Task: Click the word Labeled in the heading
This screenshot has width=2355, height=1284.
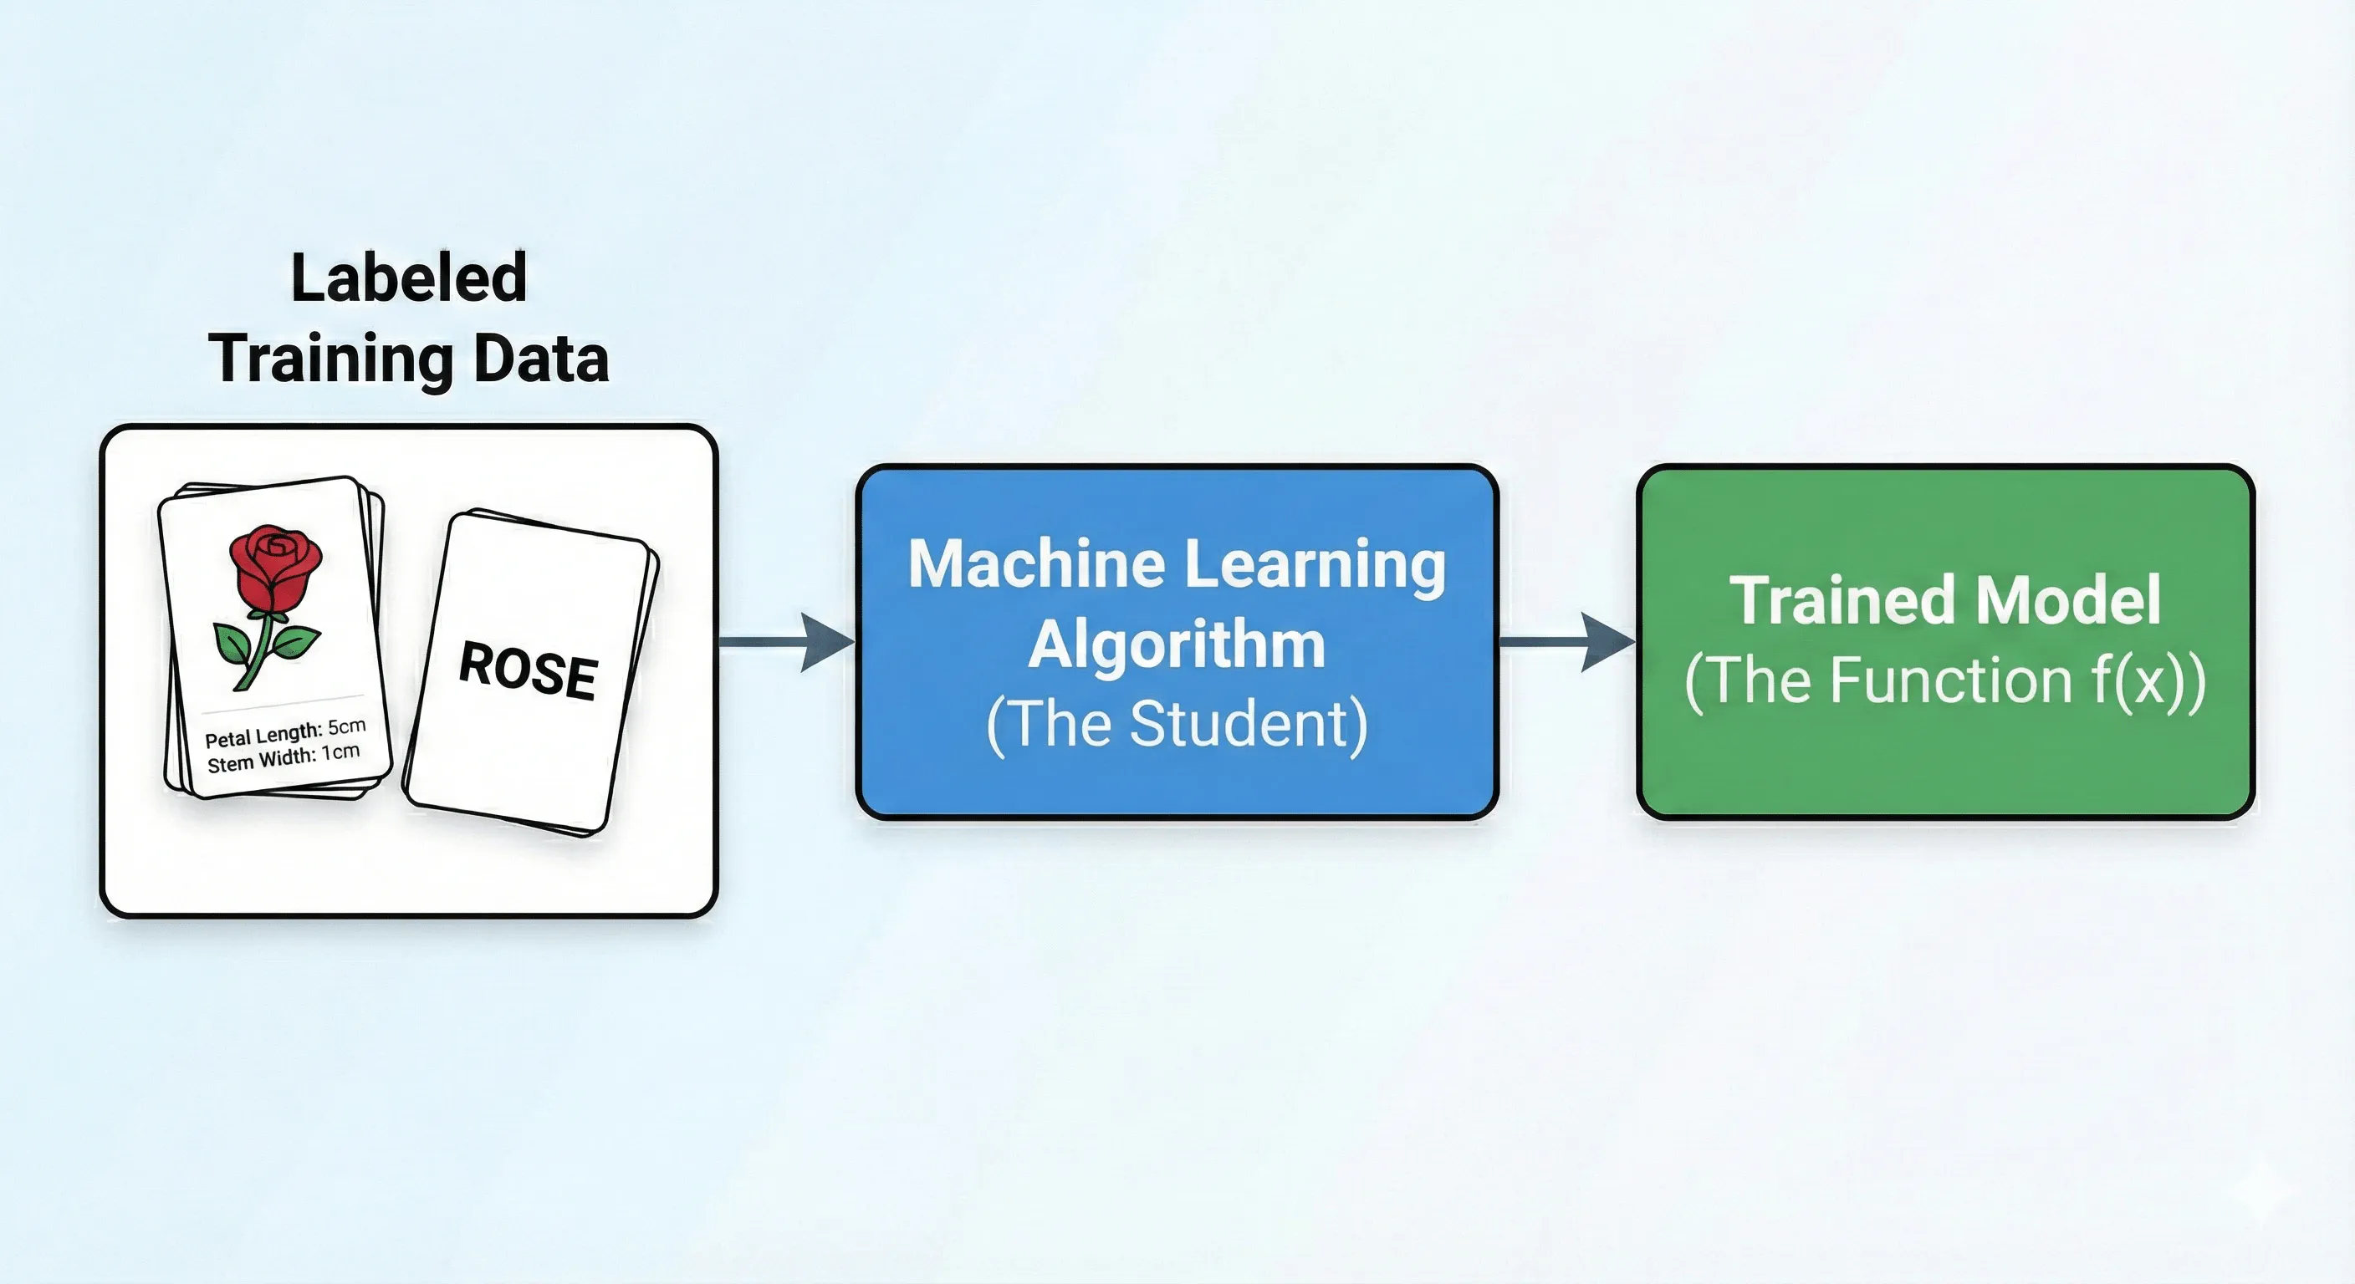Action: tap(409, 278)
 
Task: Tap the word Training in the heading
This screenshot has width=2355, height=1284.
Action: tap(330, 359)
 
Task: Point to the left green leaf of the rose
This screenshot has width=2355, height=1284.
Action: tap(230, 644)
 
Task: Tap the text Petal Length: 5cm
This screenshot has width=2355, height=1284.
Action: tap(285, 733)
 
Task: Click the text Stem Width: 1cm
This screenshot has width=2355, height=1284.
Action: tap(284, 757)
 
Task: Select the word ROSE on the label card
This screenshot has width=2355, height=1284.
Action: tap(529, 672)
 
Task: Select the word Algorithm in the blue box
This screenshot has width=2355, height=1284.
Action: tap(1177, 645)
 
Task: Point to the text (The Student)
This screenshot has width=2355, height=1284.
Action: tap(1177, 725)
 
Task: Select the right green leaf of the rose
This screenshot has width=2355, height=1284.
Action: tap(294, 641)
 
